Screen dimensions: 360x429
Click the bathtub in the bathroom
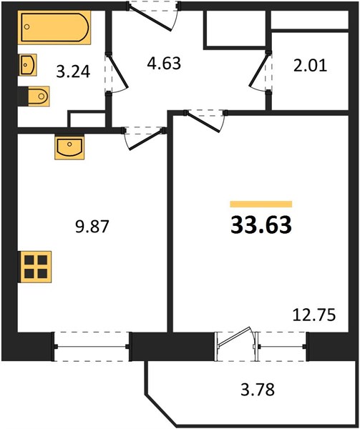pos(55,27)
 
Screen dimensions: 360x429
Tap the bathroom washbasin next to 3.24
pos(28,65)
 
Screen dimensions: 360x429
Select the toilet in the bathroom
pos(36,96)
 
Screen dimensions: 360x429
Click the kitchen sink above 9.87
pos(69,147)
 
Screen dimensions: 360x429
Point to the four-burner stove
pos(35,267)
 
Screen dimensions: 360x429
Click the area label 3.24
pos(73,72)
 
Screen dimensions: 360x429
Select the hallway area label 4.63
pos(164,63)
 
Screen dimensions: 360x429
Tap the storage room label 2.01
pos(310,66)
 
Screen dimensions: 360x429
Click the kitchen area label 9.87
pos(92,227)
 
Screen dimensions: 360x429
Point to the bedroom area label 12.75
pos(314,315)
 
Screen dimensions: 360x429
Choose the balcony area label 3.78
pos(258,390)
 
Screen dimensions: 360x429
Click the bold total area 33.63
pos(261,225)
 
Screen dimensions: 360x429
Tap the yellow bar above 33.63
pos(261,204)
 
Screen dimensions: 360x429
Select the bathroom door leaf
pos(117,71)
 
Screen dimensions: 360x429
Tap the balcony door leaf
pos(233,337)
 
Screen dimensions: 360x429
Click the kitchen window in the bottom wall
pos(92,347)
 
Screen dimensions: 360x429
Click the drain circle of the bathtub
pos(26,26)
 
